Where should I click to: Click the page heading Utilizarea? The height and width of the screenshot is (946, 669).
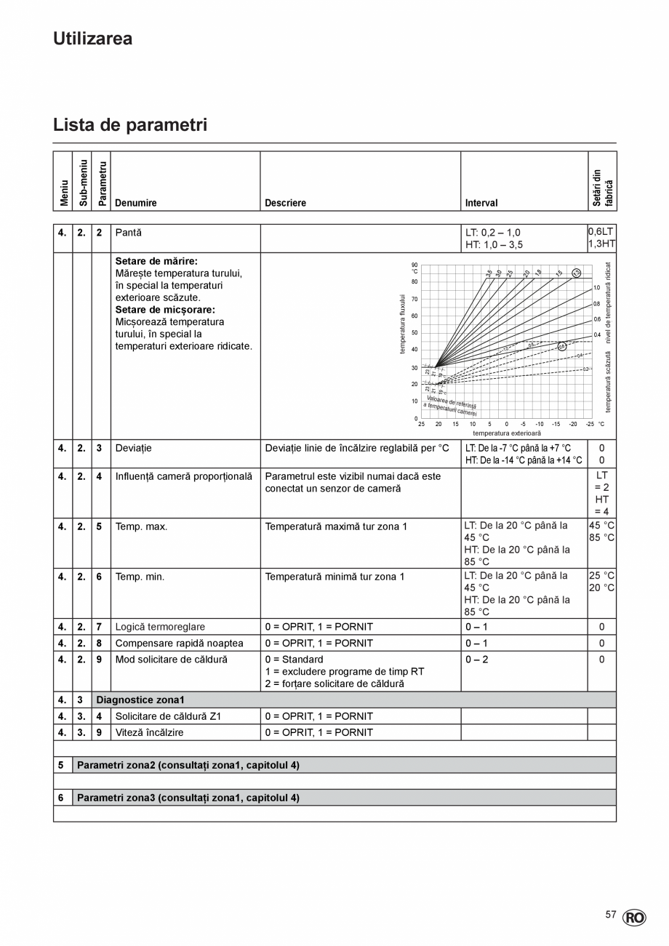point(92,39)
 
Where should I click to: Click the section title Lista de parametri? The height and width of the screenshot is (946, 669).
point(130,125)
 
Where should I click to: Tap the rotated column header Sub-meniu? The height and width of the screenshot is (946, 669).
point(82,183)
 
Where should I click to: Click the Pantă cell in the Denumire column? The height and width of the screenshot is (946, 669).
point(129,233)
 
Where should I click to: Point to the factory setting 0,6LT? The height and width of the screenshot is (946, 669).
point(601,232)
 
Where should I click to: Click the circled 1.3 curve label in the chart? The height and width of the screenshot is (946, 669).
point(576,273)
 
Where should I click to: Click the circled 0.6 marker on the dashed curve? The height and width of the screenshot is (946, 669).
point(561,346)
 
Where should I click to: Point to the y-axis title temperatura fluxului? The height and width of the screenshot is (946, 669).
point(401,324)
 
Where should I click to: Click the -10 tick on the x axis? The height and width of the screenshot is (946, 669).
point(540,425)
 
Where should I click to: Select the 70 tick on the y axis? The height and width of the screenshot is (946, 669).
point(414,299)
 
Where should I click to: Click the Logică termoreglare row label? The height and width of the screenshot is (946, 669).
point(160,627)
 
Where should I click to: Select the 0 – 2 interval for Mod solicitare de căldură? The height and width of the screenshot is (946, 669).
point(477,660)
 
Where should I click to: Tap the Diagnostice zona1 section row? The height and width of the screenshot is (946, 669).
point(140,700)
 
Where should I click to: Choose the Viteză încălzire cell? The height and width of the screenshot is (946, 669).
point(149,732)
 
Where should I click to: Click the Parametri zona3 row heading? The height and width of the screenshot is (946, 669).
point(188,798)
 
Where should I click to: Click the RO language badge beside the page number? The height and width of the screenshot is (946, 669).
point(634,918)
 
